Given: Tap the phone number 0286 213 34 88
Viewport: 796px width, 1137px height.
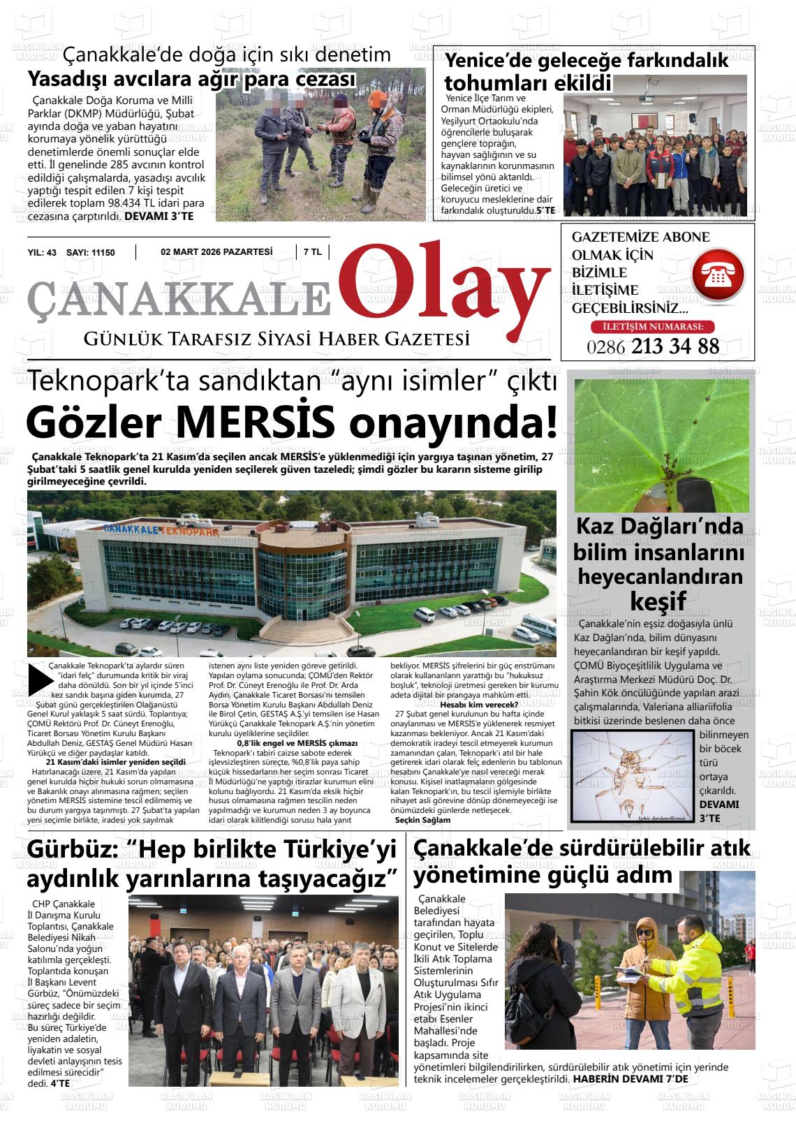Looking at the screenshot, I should click(x=653, y=346).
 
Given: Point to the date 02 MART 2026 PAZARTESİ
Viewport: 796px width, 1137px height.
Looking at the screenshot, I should click(x=216, y=252).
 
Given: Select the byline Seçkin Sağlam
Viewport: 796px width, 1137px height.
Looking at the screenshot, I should click(x=422, y=820).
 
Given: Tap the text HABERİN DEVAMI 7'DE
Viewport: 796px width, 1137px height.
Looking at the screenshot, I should click(x=630, y=1079).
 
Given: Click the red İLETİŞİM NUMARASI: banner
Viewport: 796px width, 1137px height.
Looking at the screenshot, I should click(x=653, y=326).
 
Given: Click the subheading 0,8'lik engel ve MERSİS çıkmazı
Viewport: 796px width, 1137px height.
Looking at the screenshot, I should click(x=297, y=743).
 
